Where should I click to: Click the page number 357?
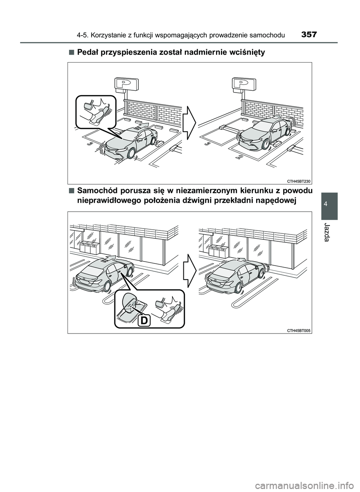(309, 34)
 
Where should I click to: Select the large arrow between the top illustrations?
(189, 123)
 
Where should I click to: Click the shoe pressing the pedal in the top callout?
(99, 115)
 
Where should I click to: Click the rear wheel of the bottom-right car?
(239, 288)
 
